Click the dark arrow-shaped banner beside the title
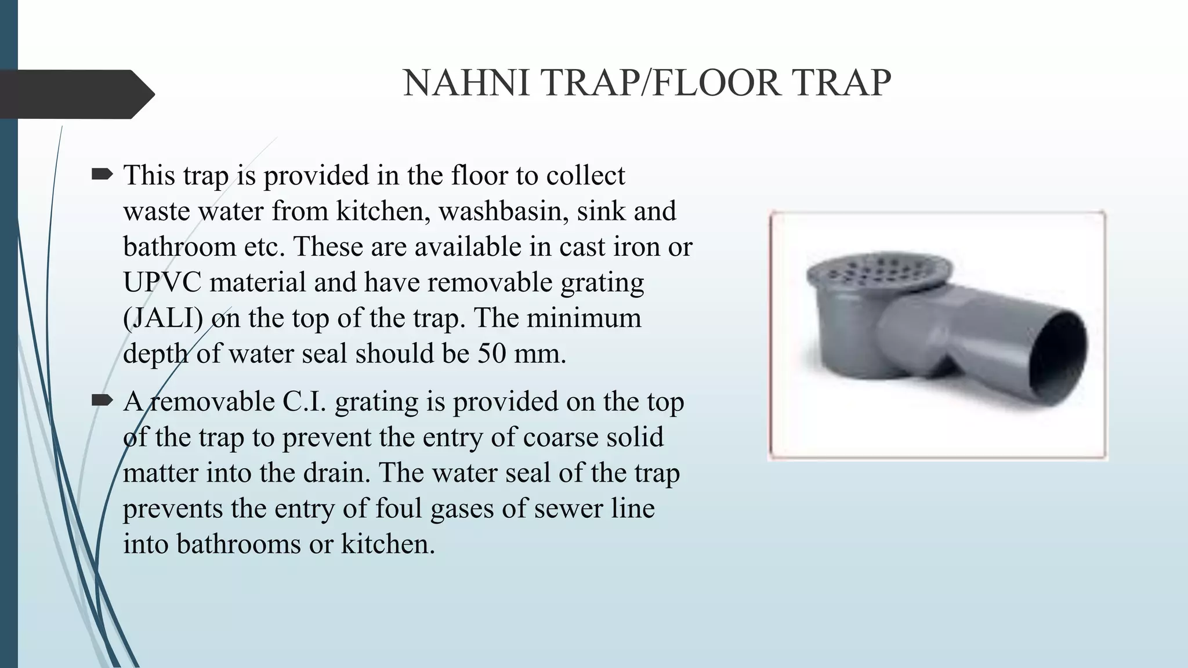tap(75, 94)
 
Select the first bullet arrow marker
tap(102, 174)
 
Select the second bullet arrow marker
tap(102, 400)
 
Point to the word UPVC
tap(162, 282)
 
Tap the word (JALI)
tap(162, 318)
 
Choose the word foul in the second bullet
tap(394, 509)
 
